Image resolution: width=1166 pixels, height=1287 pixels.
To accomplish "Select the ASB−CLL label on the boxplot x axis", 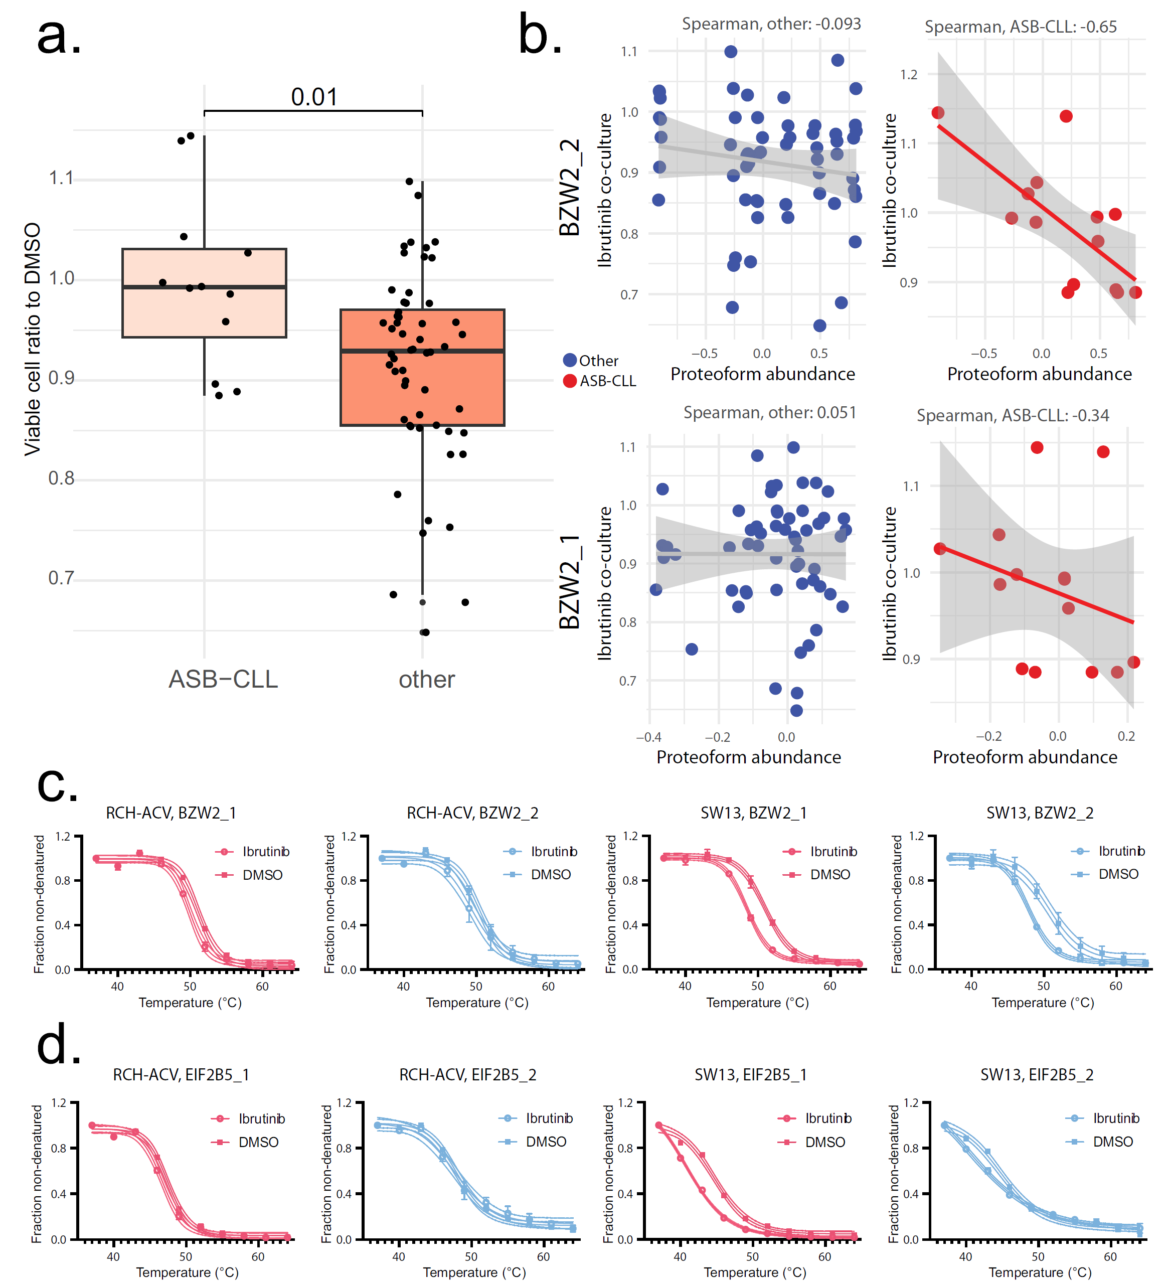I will click(x=223, y=679).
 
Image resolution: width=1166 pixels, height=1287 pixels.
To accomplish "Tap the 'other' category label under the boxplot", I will click(x=426, y=679).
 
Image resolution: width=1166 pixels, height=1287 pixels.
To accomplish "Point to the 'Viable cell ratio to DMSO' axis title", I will click(x=32, y=339).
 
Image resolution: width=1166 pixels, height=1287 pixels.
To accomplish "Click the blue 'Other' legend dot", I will click(x=570, y=360).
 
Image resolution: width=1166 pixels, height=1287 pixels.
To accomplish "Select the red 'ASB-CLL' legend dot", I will click(x=570, y=381).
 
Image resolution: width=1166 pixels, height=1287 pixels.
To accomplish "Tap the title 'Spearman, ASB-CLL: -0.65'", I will click(x=1020, y=27).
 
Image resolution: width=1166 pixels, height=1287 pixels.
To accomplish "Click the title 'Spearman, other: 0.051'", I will click(x=770, y=412).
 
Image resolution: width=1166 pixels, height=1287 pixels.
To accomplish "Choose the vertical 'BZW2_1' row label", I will click(x=569, y=582).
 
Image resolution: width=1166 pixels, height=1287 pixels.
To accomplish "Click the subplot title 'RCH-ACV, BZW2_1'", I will click(x=171, y=813).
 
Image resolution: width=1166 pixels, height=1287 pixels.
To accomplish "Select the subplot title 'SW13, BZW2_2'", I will click(x=1040, y=813).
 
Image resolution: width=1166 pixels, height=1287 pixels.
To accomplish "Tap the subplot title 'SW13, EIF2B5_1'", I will click(x=751, y=1074).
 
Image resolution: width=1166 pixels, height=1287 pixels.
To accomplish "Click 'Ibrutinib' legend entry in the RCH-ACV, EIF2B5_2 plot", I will click(x=549, y=1118).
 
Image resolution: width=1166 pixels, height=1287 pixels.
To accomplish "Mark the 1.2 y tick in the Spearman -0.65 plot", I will click(x=908, y=75).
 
